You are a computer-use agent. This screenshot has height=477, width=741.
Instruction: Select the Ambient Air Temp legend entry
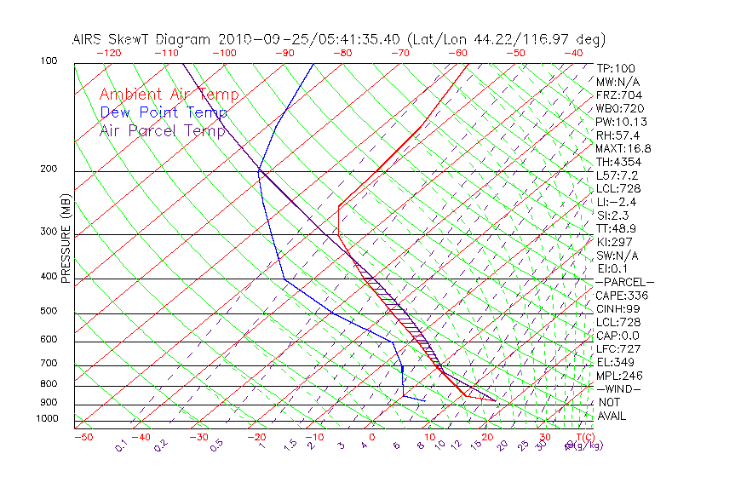pos(169,95)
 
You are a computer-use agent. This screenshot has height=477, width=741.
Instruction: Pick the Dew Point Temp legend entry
pos(164,112)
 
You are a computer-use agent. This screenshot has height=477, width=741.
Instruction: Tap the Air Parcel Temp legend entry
pos(163,130)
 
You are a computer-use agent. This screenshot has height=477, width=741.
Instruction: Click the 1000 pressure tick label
pos(48,419)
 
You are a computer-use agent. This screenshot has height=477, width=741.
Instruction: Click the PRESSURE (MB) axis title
pos(66,239)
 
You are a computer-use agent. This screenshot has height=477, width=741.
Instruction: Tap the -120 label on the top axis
pos(108,53)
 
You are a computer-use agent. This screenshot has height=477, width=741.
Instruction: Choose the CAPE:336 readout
pos(622,296)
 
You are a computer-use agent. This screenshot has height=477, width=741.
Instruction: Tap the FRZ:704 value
pos(617,95)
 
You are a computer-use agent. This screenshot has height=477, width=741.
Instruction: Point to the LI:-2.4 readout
pos(617,202)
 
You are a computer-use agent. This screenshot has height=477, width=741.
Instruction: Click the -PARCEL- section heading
pos(624,282)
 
